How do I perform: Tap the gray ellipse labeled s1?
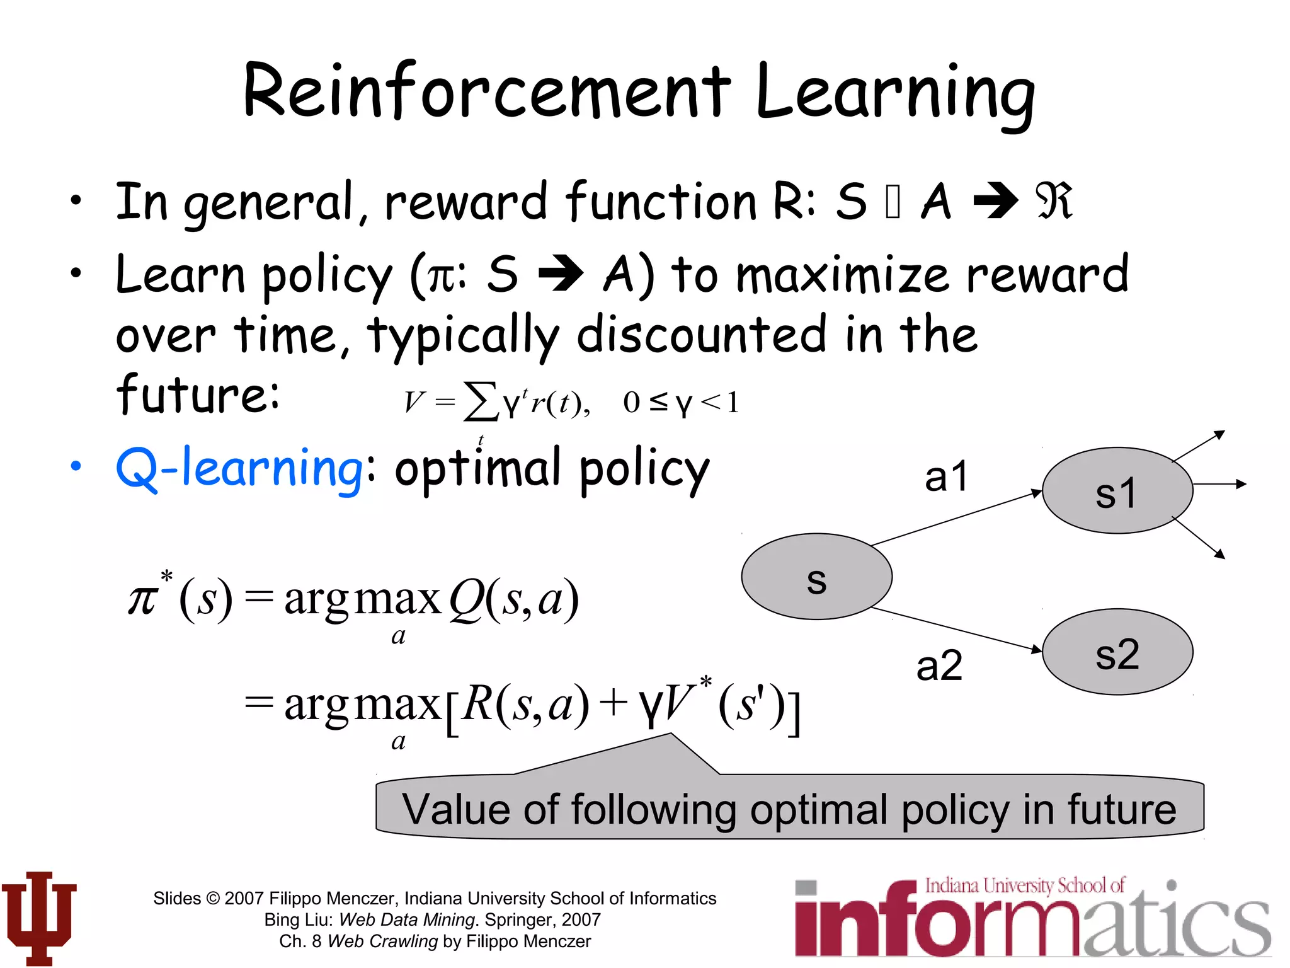(x=1117, y=491)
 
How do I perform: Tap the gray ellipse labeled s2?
(x=1117, y=652)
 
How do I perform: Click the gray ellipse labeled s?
(x=816, y=577)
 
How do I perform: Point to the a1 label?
(x=945, y=477)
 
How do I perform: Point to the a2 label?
(x=939, y=666)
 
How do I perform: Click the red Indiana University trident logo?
(x=39, y=918)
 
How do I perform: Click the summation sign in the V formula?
(x=480, y=401)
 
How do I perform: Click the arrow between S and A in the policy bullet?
(x=560, y=274)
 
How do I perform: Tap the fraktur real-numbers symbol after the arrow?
(x=1053, y=202)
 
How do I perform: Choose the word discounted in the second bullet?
(x=701, y=335)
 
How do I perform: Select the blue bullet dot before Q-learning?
(x=76, y=466)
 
